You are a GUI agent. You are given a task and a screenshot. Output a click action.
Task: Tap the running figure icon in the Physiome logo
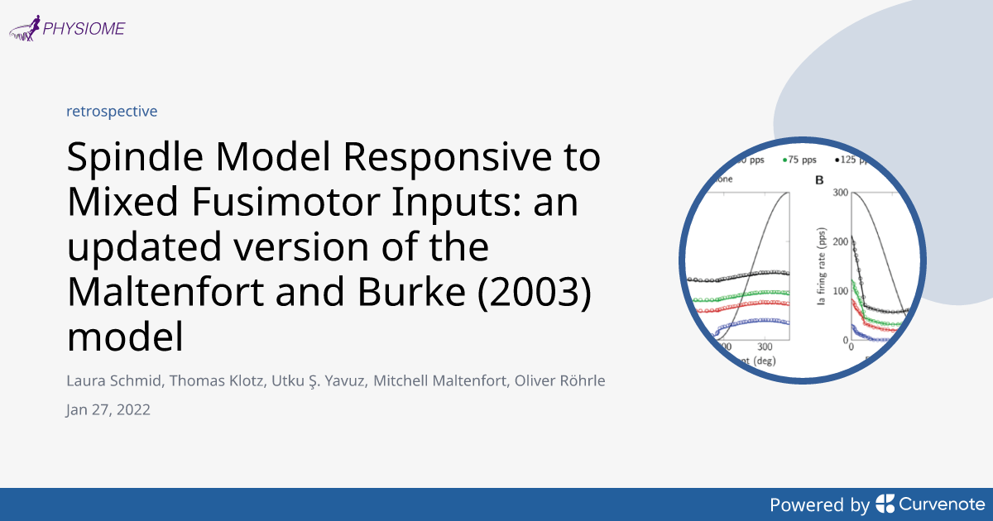27,30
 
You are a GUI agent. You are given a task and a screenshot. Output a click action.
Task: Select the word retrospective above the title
112,111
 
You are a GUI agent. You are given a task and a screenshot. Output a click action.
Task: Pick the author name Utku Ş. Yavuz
321,382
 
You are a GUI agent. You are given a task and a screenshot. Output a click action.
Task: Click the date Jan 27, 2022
108,409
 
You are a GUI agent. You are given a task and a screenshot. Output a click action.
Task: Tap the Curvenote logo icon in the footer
885,504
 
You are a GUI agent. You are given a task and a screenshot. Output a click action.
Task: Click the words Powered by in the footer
819,504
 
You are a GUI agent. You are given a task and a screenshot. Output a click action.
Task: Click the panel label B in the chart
820,179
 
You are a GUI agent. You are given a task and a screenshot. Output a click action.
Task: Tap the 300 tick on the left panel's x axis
764,347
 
